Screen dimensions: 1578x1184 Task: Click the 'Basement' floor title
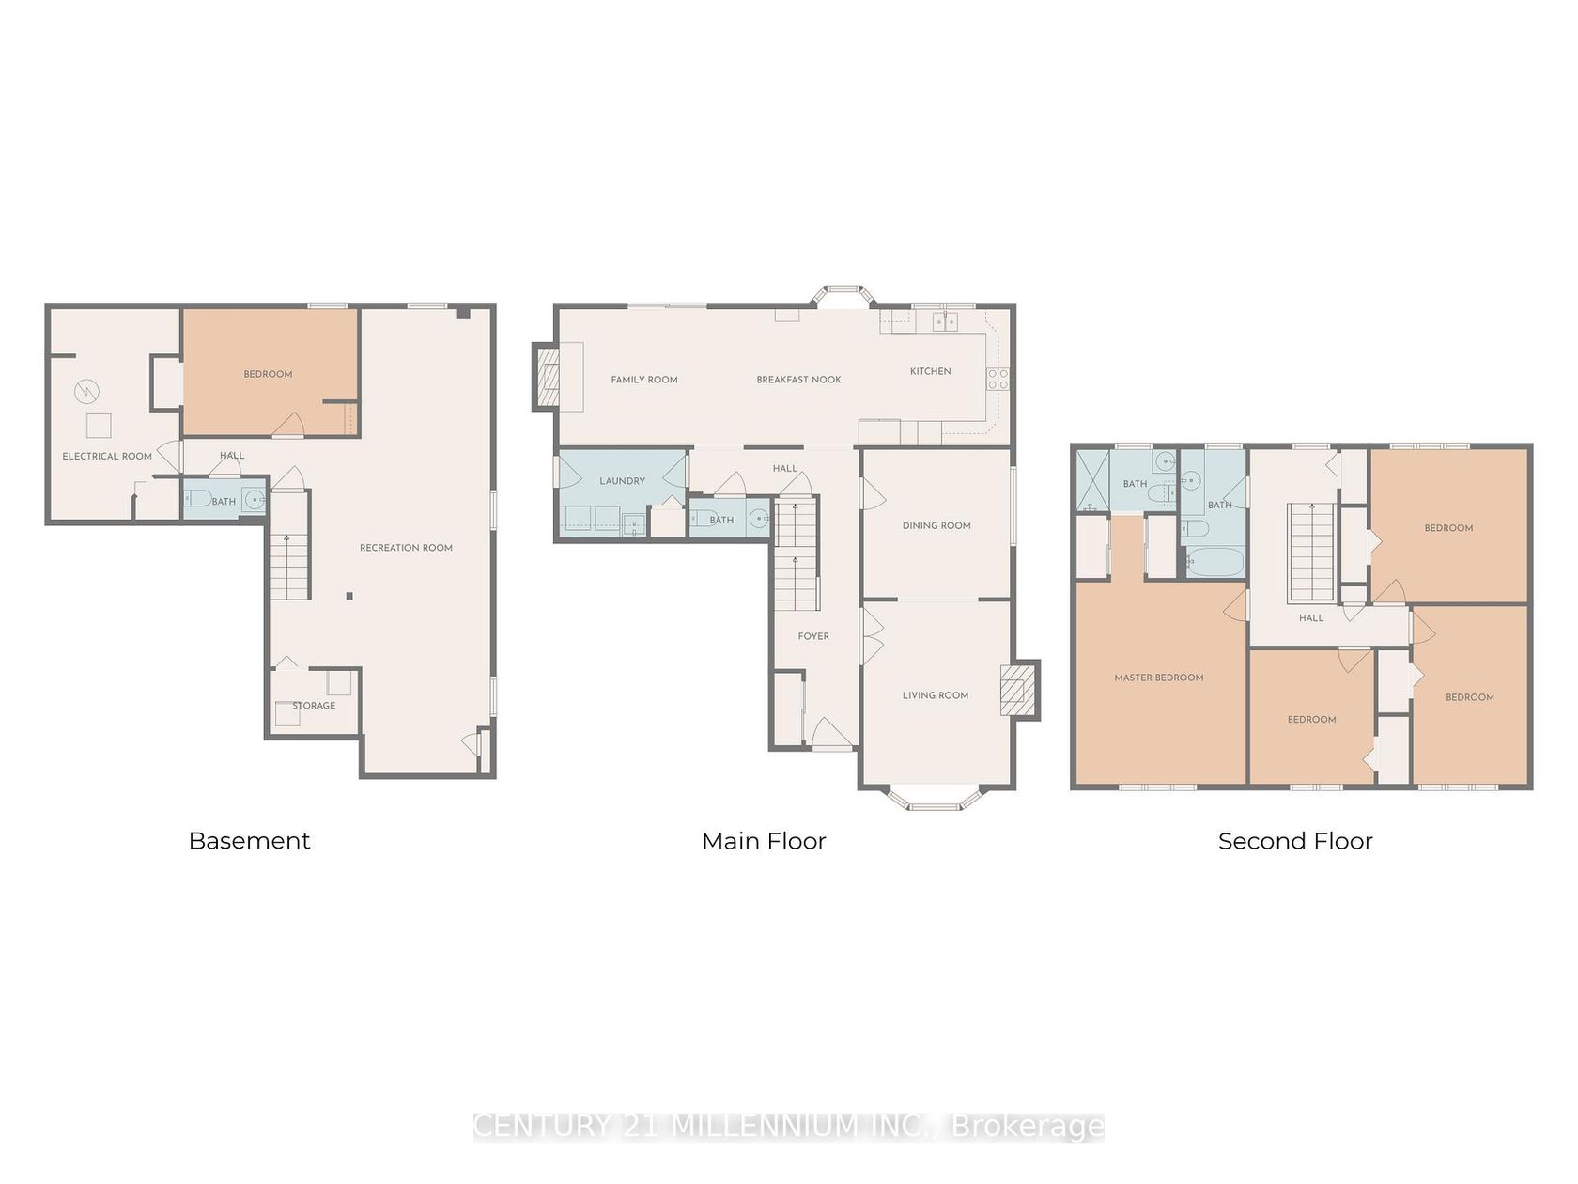[249, 840]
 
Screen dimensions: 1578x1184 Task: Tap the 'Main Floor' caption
[764, 840]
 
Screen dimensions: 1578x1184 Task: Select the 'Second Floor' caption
[1294, 840]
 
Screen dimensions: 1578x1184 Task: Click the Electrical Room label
[107, 456]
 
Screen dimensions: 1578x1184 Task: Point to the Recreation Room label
[406, 547]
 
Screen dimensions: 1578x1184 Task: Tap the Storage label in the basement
[314, 705]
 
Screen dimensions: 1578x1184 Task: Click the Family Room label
[644, 380]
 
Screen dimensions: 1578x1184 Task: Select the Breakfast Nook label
[798, 380]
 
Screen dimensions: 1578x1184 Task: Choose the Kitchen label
[930, 371]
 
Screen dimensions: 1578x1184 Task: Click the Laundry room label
[622, 481]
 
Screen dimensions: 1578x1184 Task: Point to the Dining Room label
[936, 525]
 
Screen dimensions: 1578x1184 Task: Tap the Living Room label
[936, 695]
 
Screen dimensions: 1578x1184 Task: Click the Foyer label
[813, 636]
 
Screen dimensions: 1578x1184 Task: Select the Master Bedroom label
[1158, 678]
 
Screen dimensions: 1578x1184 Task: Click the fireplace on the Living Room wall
[1019, 690]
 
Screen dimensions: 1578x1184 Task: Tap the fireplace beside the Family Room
[547, 377]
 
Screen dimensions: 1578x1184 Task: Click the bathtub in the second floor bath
[1214, 562]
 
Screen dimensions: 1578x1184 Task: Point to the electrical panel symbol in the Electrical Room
[87, 392]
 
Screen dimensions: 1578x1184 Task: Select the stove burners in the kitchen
[998, 379]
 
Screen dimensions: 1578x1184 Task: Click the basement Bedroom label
[268, 374]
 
